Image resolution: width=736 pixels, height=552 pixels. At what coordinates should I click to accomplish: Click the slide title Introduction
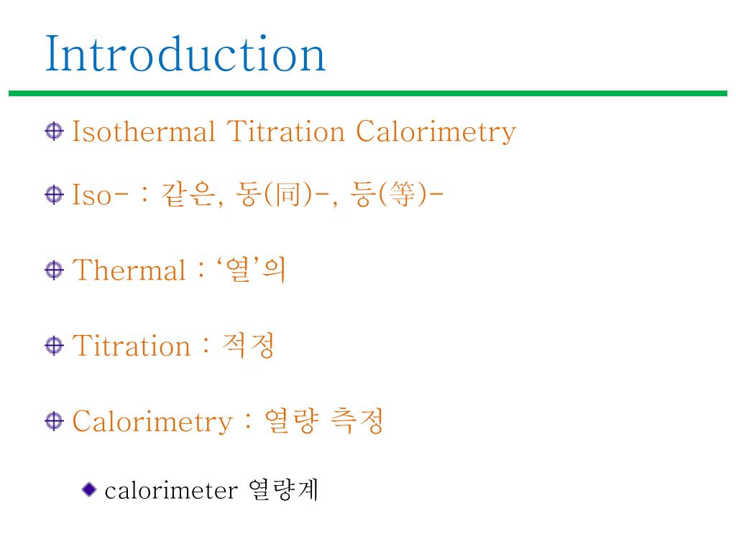185,54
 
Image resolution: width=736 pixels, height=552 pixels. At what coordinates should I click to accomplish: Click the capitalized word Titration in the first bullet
286,132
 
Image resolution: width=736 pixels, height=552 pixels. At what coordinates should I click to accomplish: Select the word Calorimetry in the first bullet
436,133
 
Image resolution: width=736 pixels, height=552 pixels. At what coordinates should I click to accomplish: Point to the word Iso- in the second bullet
100,195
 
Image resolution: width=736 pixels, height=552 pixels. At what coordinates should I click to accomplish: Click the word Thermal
129,271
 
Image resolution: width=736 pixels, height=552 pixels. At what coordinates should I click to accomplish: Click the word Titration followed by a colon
132,346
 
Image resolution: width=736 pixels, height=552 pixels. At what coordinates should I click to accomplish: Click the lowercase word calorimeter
170,490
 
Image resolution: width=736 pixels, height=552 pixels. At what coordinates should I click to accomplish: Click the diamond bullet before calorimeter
88,490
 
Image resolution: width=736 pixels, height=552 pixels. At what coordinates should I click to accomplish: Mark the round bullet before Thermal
54,270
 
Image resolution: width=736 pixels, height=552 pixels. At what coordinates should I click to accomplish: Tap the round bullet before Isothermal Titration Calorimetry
54,132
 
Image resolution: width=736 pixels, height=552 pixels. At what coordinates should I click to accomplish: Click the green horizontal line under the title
368,93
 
